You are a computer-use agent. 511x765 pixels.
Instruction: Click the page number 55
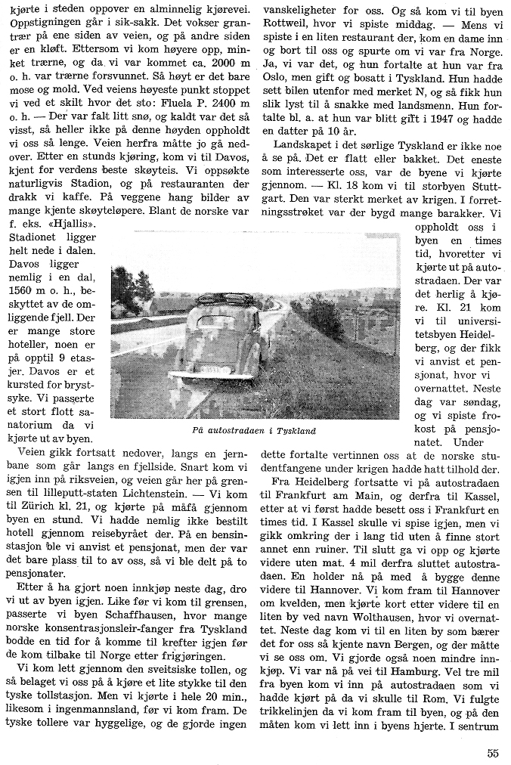[x=493, y=752]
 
